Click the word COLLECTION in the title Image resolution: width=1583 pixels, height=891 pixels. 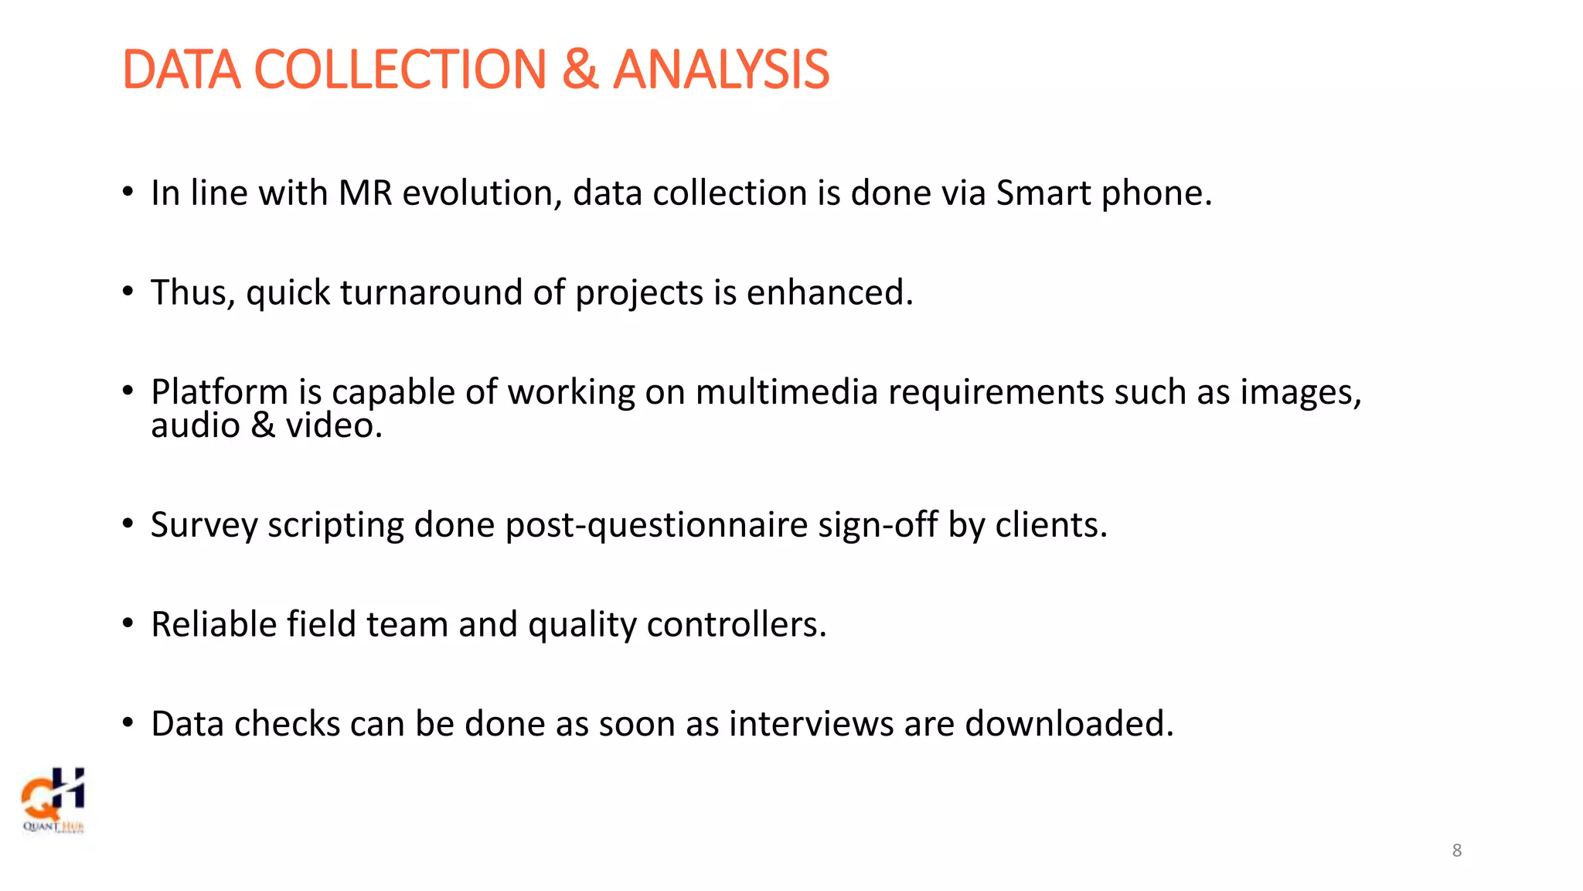tap(400, 70)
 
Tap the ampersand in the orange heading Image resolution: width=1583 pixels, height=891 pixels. tap(580, 70)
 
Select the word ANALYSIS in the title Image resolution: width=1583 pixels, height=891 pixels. tap(720, 70)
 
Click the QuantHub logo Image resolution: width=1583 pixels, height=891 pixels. tap(53, 800)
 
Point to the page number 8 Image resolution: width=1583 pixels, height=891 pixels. tap(1456, 851)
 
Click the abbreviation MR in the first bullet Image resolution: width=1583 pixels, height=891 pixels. tap(365, 193)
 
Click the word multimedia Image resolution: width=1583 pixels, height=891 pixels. tap(786, 392)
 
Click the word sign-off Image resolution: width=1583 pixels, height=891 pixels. tap(877, 526)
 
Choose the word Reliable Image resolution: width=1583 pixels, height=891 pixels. tap(213, 625)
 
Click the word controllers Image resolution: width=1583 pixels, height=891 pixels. tap(735, 625)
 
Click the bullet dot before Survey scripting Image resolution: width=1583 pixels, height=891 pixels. tap(128, 524)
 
